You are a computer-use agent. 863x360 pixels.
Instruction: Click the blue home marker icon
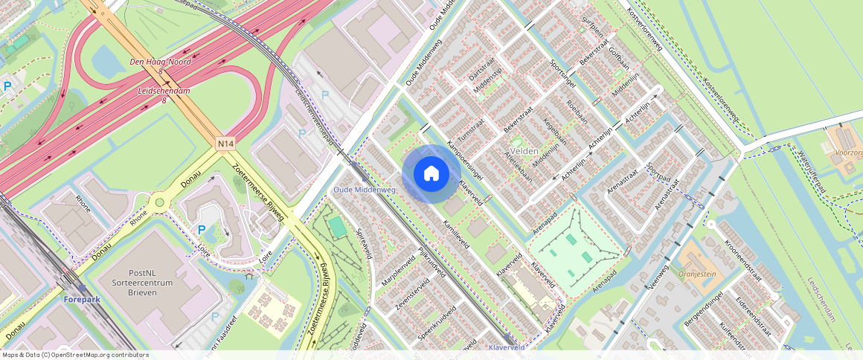pos(431,173)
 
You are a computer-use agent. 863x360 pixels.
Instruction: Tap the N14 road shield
pos(226,142)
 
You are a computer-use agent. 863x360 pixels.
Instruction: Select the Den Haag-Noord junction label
pos(161,62)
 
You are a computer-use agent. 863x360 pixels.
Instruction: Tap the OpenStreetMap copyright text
pos(74,355)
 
